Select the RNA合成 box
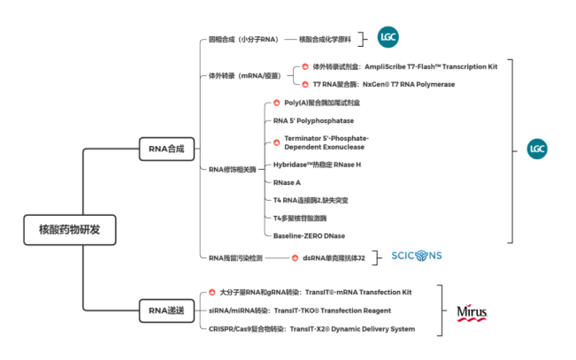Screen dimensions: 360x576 (x=166, y=149)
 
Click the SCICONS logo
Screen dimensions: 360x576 (x=417, y=257)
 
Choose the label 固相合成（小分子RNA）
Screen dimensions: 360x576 (x=245, y=39)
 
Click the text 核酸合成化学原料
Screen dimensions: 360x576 (x=326, y=39)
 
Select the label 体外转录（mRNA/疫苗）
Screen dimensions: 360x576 (x=245, y=75)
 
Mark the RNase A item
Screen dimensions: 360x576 (x=288, y=182)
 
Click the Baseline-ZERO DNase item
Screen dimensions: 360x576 (x=310, y=235)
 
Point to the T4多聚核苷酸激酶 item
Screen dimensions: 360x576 (x=300, y=218)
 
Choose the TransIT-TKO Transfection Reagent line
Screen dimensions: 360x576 (x=288, y=310)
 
